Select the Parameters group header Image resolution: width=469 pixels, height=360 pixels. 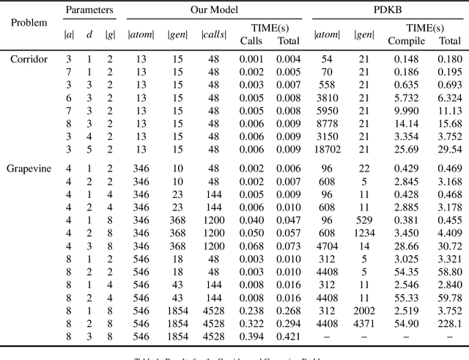point(89,10)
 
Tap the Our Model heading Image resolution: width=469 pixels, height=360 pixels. point(214,10)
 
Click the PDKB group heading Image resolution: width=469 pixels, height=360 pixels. point(390,10)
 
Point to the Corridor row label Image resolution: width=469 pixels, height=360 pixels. point(29,58)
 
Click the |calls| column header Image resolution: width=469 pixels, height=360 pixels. point(213,34)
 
